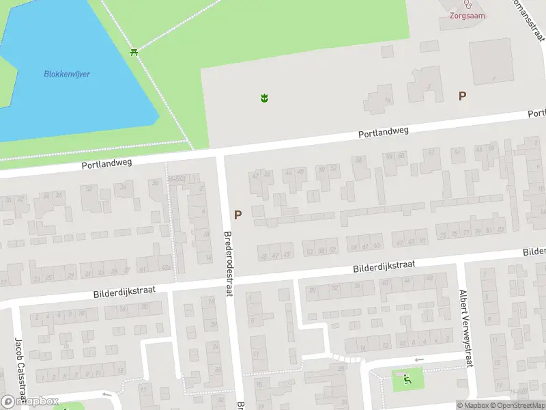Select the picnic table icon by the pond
(135, 52)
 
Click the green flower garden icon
(264, 98)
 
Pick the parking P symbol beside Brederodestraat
(238, 215)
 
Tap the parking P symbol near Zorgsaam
(462, 96)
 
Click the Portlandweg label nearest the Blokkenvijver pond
(106, 164)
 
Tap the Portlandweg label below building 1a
(384, 133)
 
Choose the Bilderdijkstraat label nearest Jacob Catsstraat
(124, 292)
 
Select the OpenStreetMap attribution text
(517, 405)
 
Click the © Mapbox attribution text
(473, 405)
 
